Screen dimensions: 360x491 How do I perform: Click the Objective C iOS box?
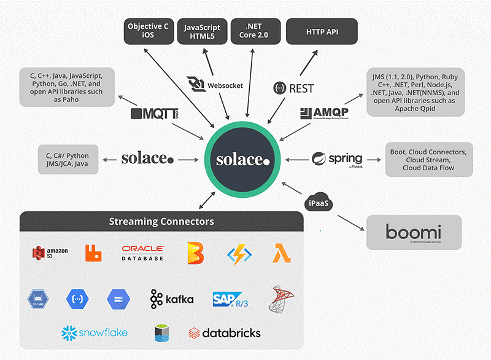(148, 31)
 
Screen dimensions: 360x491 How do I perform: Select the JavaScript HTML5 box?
(202, 31)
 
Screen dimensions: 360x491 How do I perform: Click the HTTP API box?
(322, 31)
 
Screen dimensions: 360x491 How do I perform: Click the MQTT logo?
(154, 114)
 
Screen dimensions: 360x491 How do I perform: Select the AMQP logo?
(325, 113)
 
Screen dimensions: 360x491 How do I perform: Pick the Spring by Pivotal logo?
(337, 159)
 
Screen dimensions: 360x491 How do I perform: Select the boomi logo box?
(414, 233)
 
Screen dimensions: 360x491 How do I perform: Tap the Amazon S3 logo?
(50, 252)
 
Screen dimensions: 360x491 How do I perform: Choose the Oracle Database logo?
(142, 252)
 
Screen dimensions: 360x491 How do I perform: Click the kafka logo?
(172, 299)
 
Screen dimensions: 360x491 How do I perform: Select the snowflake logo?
(95, 332)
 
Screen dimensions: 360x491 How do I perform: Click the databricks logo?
(225, 333)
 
